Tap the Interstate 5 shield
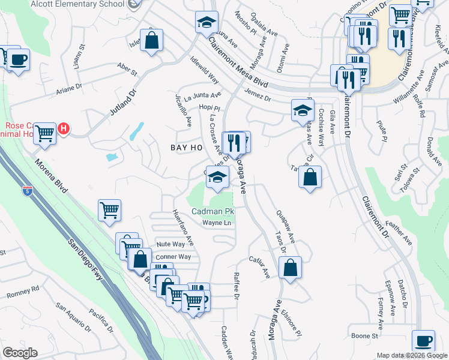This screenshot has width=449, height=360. (27, 191)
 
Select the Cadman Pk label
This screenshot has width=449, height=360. (212, 212)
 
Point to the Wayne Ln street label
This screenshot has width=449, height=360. (216, 223)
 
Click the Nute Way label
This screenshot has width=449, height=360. (170, 244)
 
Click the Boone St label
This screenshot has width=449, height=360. (366, 336)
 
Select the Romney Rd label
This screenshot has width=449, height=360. (23, 292)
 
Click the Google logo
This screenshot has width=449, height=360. (19, 353)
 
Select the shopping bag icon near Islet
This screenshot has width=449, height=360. (153, 41)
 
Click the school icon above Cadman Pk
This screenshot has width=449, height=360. (218, 176)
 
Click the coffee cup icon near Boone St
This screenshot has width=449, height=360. (424, 340)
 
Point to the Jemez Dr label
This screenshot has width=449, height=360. (258, 95)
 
